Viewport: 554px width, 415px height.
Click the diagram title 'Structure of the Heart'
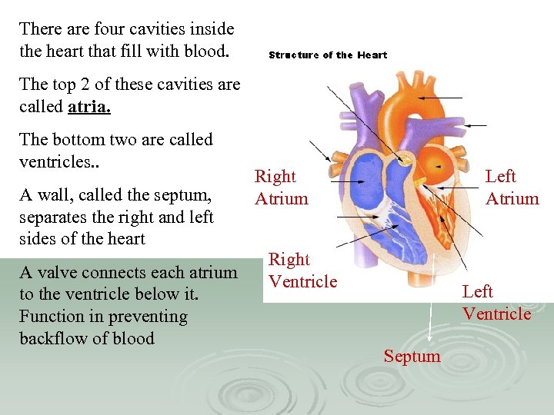pos(328,55)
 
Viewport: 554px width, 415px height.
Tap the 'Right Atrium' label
pos(282,188)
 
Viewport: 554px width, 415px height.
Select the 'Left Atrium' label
pos(512,188)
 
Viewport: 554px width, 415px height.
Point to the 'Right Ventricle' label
pos(302,271)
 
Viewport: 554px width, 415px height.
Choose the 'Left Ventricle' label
pos(496,303)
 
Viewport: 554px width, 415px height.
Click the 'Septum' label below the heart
pos(412,356)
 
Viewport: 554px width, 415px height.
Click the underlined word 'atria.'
pos(89,107)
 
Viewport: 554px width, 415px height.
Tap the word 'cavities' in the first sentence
pos(166,29)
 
